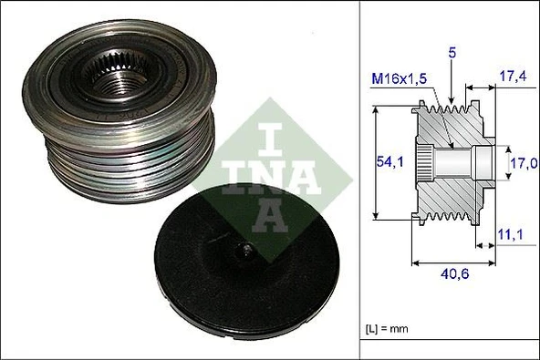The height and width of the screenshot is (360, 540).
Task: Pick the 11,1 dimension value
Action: coord(513,234)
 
